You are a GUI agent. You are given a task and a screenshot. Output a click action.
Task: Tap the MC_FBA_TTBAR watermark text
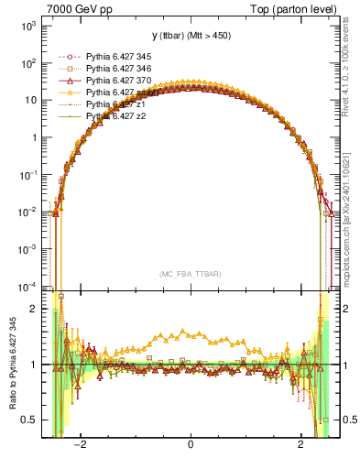[x=191, y=274]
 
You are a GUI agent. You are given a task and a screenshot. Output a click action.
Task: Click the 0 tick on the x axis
[x=191, y=446]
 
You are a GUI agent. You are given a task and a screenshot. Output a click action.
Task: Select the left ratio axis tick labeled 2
[x=33, y=309]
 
